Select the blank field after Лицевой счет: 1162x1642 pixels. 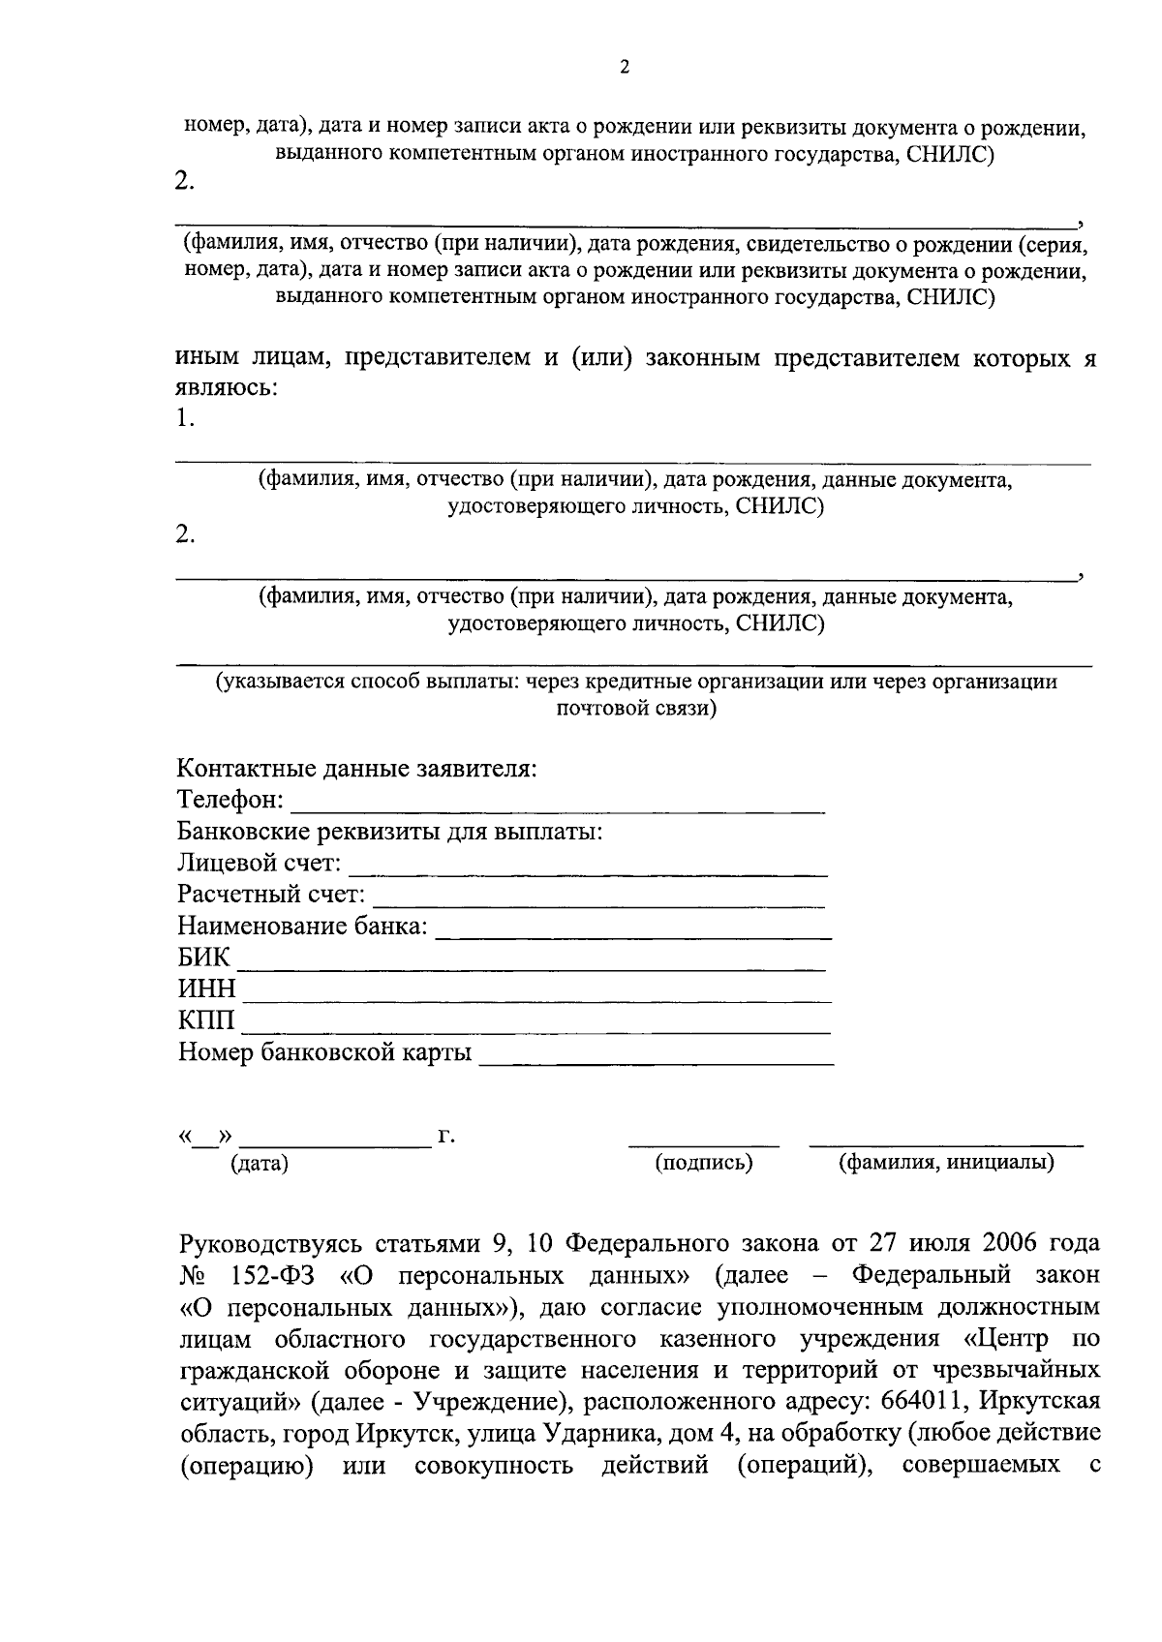click(587, 868)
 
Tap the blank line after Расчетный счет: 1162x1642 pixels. click(598, 900)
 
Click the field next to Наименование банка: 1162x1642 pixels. click(633, 931)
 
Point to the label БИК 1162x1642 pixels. click(204, 959)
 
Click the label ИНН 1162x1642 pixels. click(206, 990)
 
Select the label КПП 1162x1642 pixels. click(206, 1021)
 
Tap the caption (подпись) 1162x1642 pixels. click(704, 1163)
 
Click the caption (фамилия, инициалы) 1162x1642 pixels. click(946, 1163)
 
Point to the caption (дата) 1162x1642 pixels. click(260, 1165)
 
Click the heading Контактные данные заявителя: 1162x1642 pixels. click(357, 771)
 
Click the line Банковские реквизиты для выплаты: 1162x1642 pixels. click(390, 833)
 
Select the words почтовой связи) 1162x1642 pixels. click(636, 709)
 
